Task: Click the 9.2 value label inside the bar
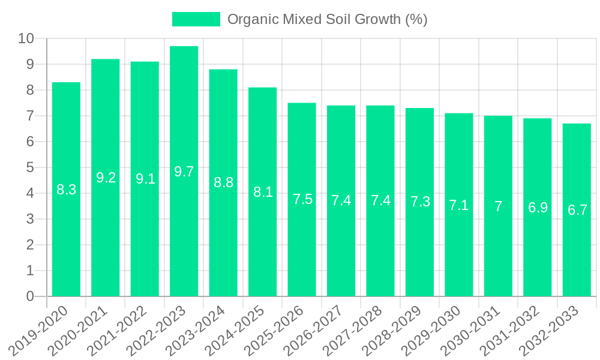(x=106, y=178)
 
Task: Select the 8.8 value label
(x=223, y=182)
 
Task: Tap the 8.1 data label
(x=263, y=192)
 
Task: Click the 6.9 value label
(x=538, y=208)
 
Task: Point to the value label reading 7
(x=498, y=206)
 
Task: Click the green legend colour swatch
(x=196, y=19)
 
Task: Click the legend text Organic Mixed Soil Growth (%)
(x=327, y=19)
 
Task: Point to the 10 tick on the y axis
(x=26, y=38)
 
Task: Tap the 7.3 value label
(x=420, y=202)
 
